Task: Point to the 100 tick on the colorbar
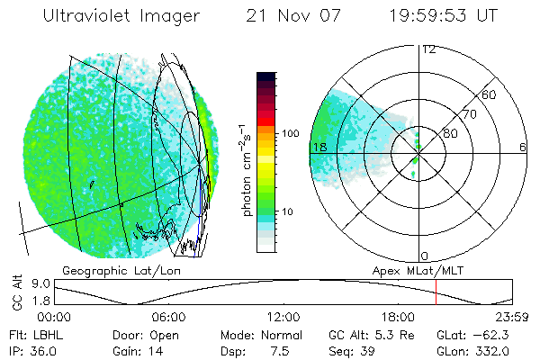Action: click(290, 133)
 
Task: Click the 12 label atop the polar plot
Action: click(428, 49)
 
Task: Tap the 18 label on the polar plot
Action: click(319, 147)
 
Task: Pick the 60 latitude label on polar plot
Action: click(489, 94)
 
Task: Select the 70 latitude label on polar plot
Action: click(469, 115)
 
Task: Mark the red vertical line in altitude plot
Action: click(436, 292)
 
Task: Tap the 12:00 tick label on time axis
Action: click(284, 317)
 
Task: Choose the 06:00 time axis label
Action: click(169, 317)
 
